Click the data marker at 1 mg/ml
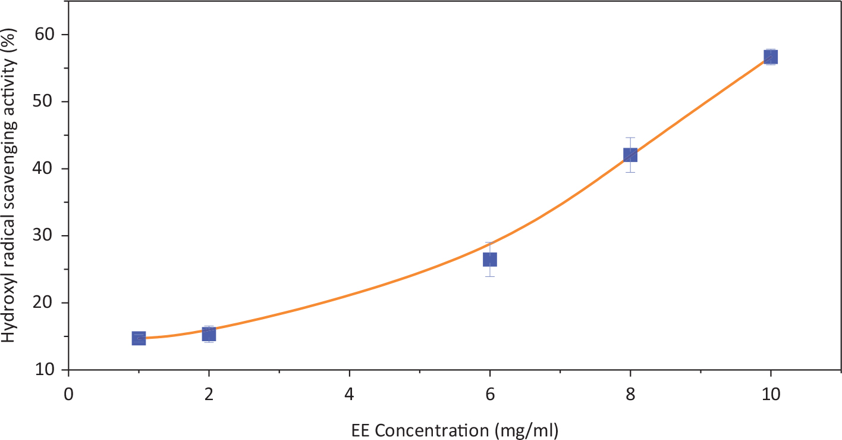pos(139,338)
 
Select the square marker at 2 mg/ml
pos(209,334)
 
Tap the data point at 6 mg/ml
pos(490,260)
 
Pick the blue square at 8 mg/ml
pos(630,155)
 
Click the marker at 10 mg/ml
pos(771,57)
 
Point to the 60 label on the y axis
pos(45,35)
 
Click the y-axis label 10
pos(45,369)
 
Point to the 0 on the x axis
pos(68,395)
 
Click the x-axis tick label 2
pos(209,395)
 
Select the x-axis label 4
pos(350,395)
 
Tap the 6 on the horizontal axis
pos(490,395)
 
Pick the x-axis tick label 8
pos(630,395)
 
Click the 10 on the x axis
pos(771,395)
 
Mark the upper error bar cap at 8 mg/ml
pos(630,138)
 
